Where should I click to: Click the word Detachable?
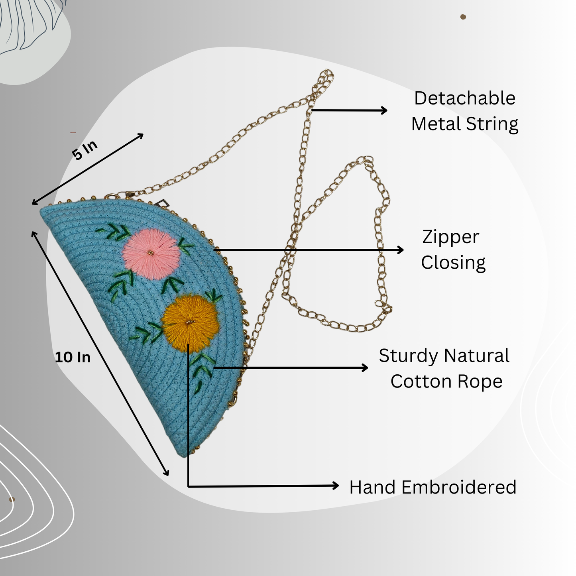tap(464, 98)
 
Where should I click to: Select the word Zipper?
tap(450, 238)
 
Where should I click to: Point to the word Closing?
tap(453, 263)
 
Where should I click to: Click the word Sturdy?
tap(409, 356)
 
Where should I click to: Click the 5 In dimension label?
tap(85, 150)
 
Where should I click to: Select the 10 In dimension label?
tap(73, 357)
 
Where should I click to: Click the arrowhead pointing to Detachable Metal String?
tap(384, 110)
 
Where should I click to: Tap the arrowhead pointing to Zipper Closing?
tap(401, 250)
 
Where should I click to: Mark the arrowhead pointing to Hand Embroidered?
tap(336, 486)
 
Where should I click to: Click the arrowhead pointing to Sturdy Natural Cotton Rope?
tap(365, 368)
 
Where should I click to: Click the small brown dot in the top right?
tap(463, 17)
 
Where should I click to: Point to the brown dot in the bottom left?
tap(12, 499)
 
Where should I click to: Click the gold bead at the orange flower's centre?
tap(190, 322)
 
